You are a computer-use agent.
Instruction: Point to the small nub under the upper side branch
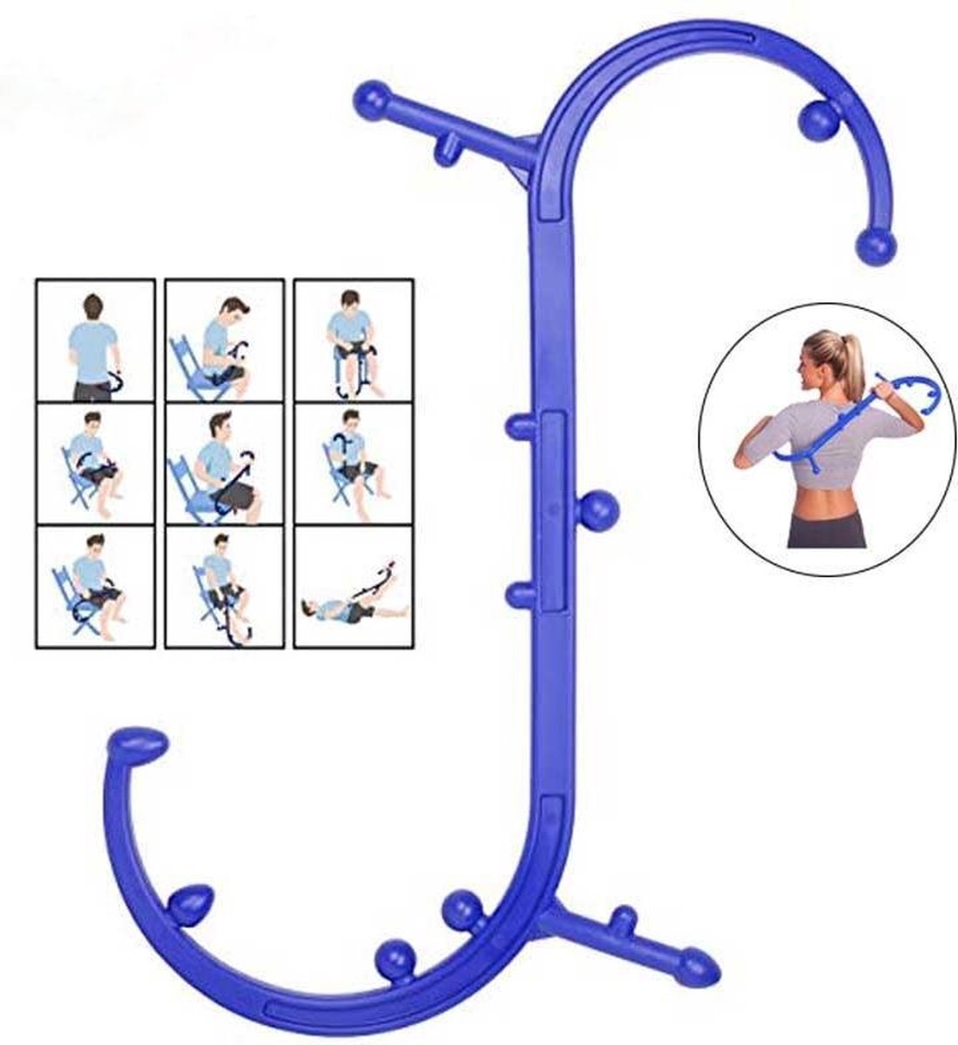click(446, 151)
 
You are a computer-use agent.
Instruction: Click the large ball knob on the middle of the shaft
click(598, 509)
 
